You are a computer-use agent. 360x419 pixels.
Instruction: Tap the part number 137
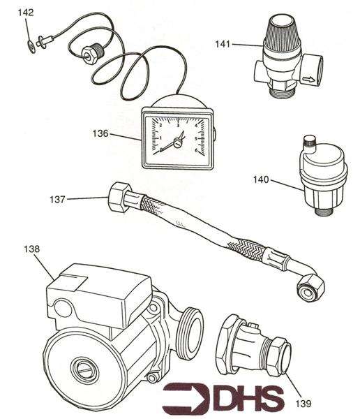tap(58, 200)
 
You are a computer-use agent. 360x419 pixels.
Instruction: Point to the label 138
tap(32, 248)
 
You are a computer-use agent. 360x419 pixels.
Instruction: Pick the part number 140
tap(262, 179)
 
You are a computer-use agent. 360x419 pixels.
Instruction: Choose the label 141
tap(223, 43)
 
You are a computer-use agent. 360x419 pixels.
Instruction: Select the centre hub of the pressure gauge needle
tap(178, 143)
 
